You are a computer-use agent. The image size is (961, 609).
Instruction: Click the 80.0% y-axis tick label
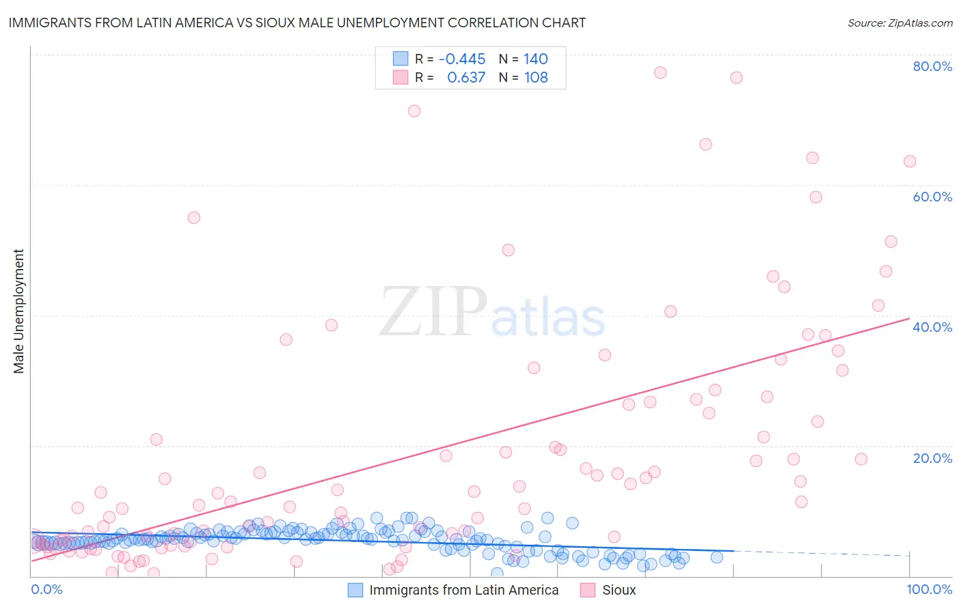coord(932,66)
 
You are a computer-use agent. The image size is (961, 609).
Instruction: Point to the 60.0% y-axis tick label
coord(932,197)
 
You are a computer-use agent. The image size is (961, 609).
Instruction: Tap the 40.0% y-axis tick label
coord(932,327)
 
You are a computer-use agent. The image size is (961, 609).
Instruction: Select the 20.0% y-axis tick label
coord(932,458)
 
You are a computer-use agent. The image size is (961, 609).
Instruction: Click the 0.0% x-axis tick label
coord(46,590)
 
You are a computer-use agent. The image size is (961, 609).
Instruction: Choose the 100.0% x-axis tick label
coord(929,590)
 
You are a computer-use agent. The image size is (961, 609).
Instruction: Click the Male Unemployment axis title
coord(18,311)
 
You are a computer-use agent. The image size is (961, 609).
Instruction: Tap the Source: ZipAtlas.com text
coord(899,23)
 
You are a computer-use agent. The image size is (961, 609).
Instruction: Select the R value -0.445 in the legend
coord(462,59)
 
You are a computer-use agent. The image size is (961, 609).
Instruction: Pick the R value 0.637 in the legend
coord(466,78)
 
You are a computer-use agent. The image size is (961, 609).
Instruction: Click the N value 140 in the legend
coord(536,59)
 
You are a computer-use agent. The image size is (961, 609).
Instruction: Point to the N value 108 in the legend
coord(536,78)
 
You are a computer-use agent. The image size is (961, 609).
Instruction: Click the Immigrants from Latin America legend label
coord(463,591)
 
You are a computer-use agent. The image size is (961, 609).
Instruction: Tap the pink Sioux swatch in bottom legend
coord(587,591)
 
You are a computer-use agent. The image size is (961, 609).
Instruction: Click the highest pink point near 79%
coord(660,72)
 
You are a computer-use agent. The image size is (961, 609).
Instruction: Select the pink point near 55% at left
coord(193,218)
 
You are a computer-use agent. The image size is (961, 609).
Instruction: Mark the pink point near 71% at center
coord(414,111)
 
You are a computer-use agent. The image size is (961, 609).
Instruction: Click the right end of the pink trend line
coord(908,318)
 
